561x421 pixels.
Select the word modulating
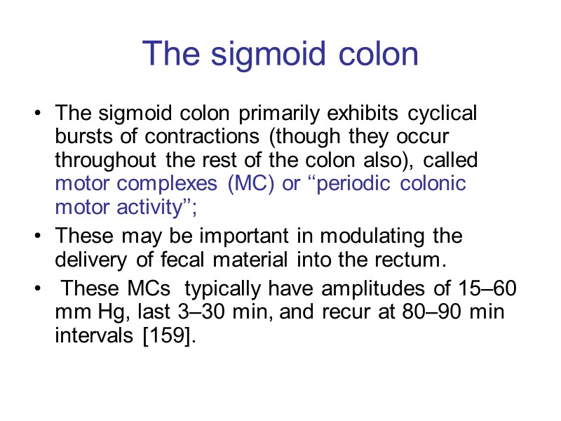pos(379,234)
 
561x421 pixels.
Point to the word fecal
pos(182,259)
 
